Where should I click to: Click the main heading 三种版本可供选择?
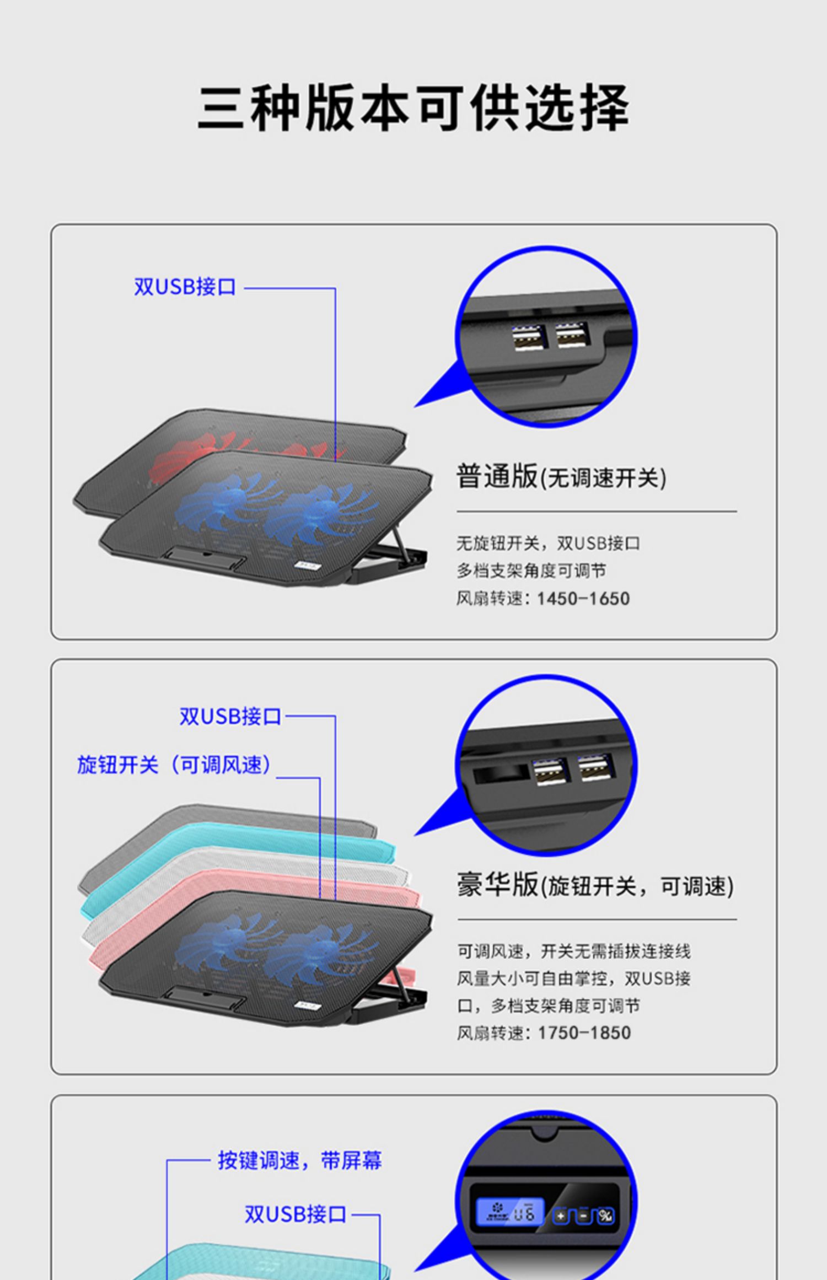point(413,107)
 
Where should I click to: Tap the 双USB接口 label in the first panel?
point(185,287)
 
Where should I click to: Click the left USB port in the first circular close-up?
point(529,337)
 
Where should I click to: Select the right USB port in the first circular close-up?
point(572,335)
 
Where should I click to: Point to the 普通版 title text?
point(496,476)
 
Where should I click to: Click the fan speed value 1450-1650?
point(583,599)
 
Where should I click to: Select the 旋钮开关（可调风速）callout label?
point(174,765)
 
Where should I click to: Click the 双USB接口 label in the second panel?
point(230,717)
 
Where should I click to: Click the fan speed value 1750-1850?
point(584,1032)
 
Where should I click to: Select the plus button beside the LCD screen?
point(561,1216)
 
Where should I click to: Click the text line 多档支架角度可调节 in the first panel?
point(531,571)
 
